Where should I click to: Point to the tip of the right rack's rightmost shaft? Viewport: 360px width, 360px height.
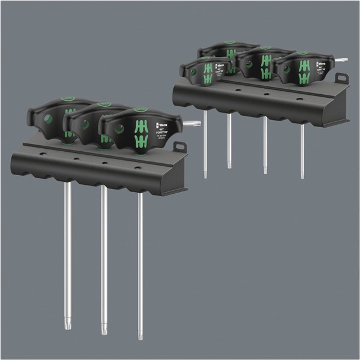[x=302, y=176]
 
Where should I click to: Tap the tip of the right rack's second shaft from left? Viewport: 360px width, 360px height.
[x=229, y=166]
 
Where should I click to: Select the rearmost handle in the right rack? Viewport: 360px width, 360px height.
[x=228, y=49]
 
